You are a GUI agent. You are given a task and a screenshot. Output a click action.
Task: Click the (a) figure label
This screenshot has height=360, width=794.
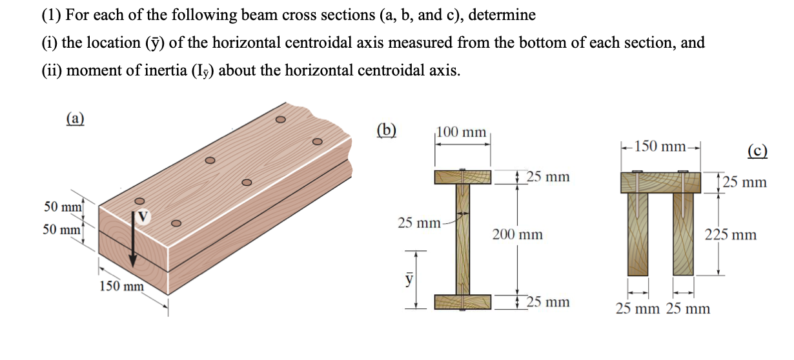(76, 118)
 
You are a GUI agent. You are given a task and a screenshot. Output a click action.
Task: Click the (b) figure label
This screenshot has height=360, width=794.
(385, 129)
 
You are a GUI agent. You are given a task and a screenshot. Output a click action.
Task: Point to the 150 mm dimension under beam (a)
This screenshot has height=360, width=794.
(121, 286)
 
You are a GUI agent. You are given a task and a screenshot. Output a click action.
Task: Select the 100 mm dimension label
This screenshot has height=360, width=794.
(461, 132)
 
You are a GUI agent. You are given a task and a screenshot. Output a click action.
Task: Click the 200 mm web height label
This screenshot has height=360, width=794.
(517, 235)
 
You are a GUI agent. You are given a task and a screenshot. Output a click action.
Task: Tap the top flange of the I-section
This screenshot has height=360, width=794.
(463, 176)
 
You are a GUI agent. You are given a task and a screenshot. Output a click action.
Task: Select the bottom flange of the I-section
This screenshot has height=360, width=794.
(463, 301)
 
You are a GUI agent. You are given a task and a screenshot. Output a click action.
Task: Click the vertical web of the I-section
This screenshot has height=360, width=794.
(463, 239)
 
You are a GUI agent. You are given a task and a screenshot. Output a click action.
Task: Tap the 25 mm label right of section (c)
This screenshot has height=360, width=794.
(745, 182)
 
